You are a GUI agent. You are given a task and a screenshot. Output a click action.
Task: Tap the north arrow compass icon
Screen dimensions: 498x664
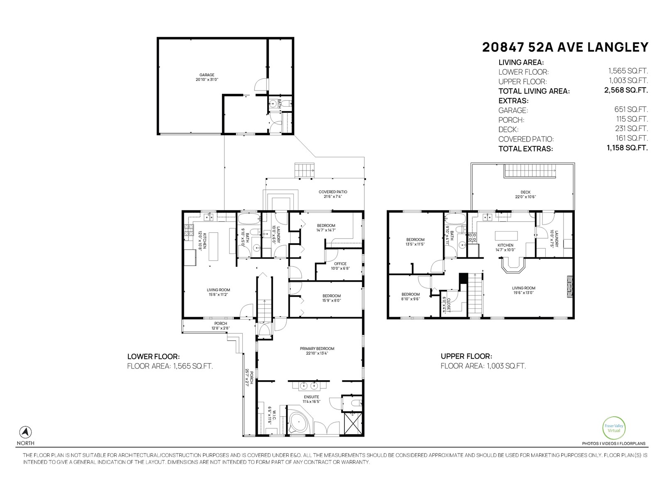point(26,432)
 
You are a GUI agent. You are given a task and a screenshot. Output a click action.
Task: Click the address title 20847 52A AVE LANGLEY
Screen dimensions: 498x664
point(565,47)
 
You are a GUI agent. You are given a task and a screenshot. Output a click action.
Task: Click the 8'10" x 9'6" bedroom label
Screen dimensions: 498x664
point(410,296)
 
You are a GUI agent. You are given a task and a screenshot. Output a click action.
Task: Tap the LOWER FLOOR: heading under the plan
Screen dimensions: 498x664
point(153,356)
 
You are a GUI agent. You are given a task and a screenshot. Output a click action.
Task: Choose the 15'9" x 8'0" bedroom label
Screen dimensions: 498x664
point(332,298)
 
